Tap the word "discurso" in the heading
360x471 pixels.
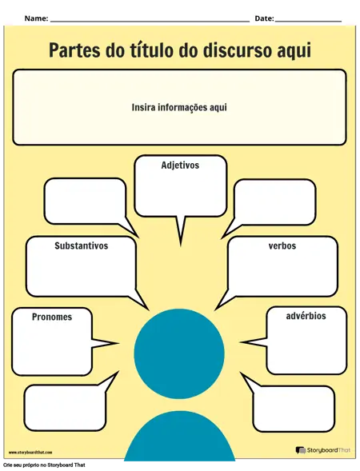tap(225, 50)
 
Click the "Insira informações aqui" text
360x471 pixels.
tap(179, 107)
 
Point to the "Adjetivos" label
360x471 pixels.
tap(180, 166)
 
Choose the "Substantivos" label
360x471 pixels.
tap(81, 245)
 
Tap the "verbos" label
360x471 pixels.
tap(282, 245)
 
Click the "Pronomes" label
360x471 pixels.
tap(52, 317)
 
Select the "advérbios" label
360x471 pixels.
tap(306, 316)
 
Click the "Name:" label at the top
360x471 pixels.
tap(36, 18)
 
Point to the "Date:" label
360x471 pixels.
tap(265, 18)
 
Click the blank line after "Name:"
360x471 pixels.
tap(150, 22)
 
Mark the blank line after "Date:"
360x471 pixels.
tap(308, 22)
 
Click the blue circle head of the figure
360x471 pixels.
tap(179, 353)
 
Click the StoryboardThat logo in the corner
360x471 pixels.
tap(323, 450)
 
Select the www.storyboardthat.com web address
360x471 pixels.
tap(30, 452)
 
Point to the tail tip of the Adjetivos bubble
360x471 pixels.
tap(181, 245)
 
